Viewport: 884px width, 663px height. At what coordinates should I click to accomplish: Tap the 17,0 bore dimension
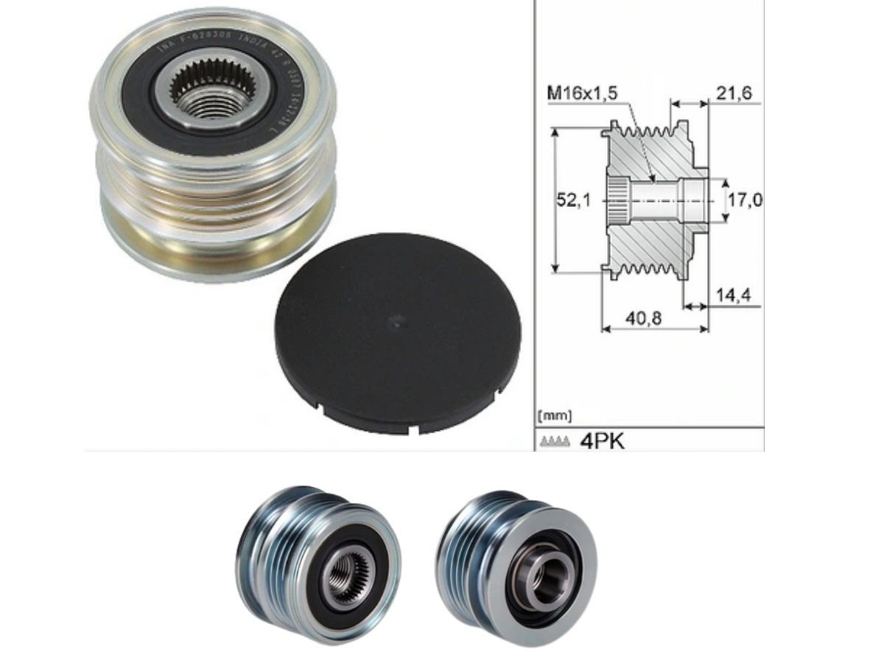[745, 200]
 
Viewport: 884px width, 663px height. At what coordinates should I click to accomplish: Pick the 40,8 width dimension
[644, 318]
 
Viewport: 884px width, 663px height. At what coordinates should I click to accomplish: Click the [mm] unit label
[555, 416]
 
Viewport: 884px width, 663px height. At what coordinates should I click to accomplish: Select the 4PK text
[602, 441]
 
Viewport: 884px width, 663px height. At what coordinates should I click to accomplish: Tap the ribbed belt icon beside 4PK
[555, 442]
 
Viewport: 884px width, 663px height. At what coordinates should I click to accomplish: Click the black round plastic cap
[398, 331]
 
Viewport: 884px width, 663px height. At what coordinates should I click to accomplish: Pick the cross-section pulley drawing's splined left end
[617, 200]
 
